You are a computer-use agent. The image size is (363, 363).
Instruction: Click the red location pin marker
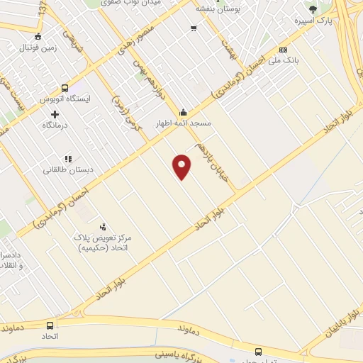pyautogui.click(x=182, y=167)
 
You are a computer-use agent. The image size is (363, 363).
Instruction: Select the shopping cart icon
pyautogui.click(x=194, y=28)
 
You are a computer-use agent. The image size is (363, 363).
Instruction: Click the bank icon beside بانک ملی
pyautogui.click(x=283, y=50)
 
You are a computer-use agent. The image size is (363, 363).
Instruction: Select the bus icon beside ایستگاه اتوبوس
pyautogui.click(x=65, y=89)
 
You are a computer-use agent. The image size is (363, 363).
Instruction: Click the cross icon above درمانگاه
pyautogui.click(x=55, y=113)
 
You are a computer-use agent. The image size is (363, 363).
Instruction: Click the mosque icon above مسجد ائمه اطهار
pyautogui.click(x=184, y=112)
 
